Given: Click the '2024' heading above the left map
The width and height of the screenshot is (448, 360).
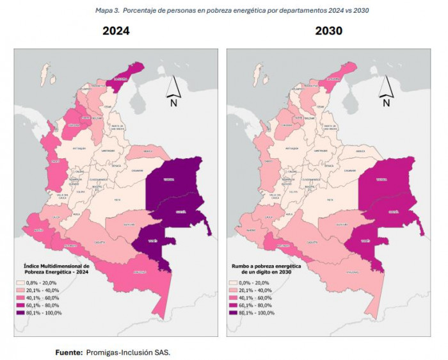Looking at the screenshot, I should coord(116,31).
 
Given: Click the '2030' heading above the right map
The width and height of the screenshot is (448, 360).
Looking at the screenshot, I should coord(328,31).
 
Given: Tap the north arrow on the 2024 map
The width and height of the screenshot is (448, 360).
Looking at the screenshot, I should coord(173,90).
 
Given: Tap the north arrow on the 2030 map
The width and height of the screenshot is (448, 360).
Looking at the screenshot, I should coord(385,90).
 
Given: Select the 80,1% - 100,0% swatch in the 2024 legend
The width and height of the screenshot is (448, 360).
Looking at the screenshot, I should coord(21,313).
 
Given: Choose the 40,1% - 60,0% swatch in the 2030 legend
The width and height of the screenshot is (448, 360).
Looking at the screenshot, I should coord(234,297).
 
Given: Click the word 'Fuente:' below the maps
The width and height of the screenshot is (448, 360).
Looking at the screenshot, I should coord(67,352).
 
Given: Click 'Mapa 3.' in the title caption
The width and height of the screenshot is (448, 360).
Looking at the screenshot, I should coord(108,10).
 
